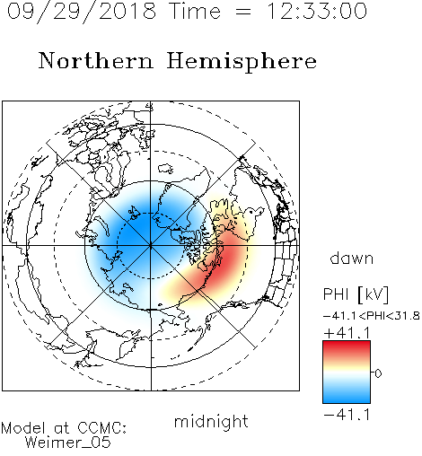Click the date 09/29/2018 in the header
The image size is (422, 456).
82,12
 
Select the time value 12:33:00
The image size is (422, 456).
317,11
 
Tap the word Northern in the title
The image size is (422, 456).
96,60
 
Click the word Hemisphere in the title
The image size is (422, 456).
242,61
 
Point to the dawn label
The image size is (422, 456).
352,258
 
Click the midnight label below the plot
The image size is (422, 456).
211,422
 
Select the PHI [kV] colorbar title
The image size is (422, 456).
356,294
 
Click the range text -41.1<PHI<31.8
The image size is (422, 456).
372,316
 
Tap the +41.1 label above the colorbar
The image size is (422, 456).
347,333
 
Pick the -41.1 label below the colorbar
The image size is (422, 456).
347,415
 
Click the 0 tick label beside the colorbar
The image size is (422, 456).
378,373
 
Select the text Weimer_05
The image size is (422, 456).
68,443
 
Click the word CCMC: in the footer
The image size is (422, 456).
101,428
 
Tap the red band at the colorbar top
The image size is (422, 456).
347,347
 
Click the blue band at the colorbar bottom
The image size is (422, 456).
347,397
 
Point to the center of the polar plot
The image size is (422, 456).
151,246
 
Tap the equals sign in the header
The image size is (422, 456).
242,12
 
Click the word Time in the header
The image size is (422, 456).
195,11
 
